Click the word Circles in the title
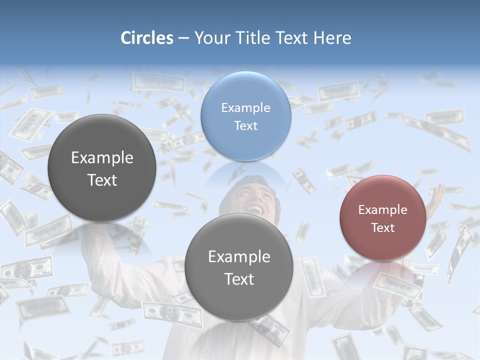(147, 38)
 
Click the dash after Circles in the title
(183, 38)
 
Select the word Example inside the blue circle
(245, 107)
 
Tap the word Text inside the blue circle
(245, 125)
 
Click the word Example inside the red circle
(382, 209)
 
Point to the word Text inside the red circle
(382, 227)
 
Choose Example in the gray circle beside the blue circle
(102, 157)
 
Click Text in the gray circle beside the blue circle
(102, 180)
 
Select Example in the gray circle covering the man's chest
(239, 256)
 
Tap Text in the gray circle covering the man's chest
(239, 279)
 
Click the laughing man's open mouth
(254, 207)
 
